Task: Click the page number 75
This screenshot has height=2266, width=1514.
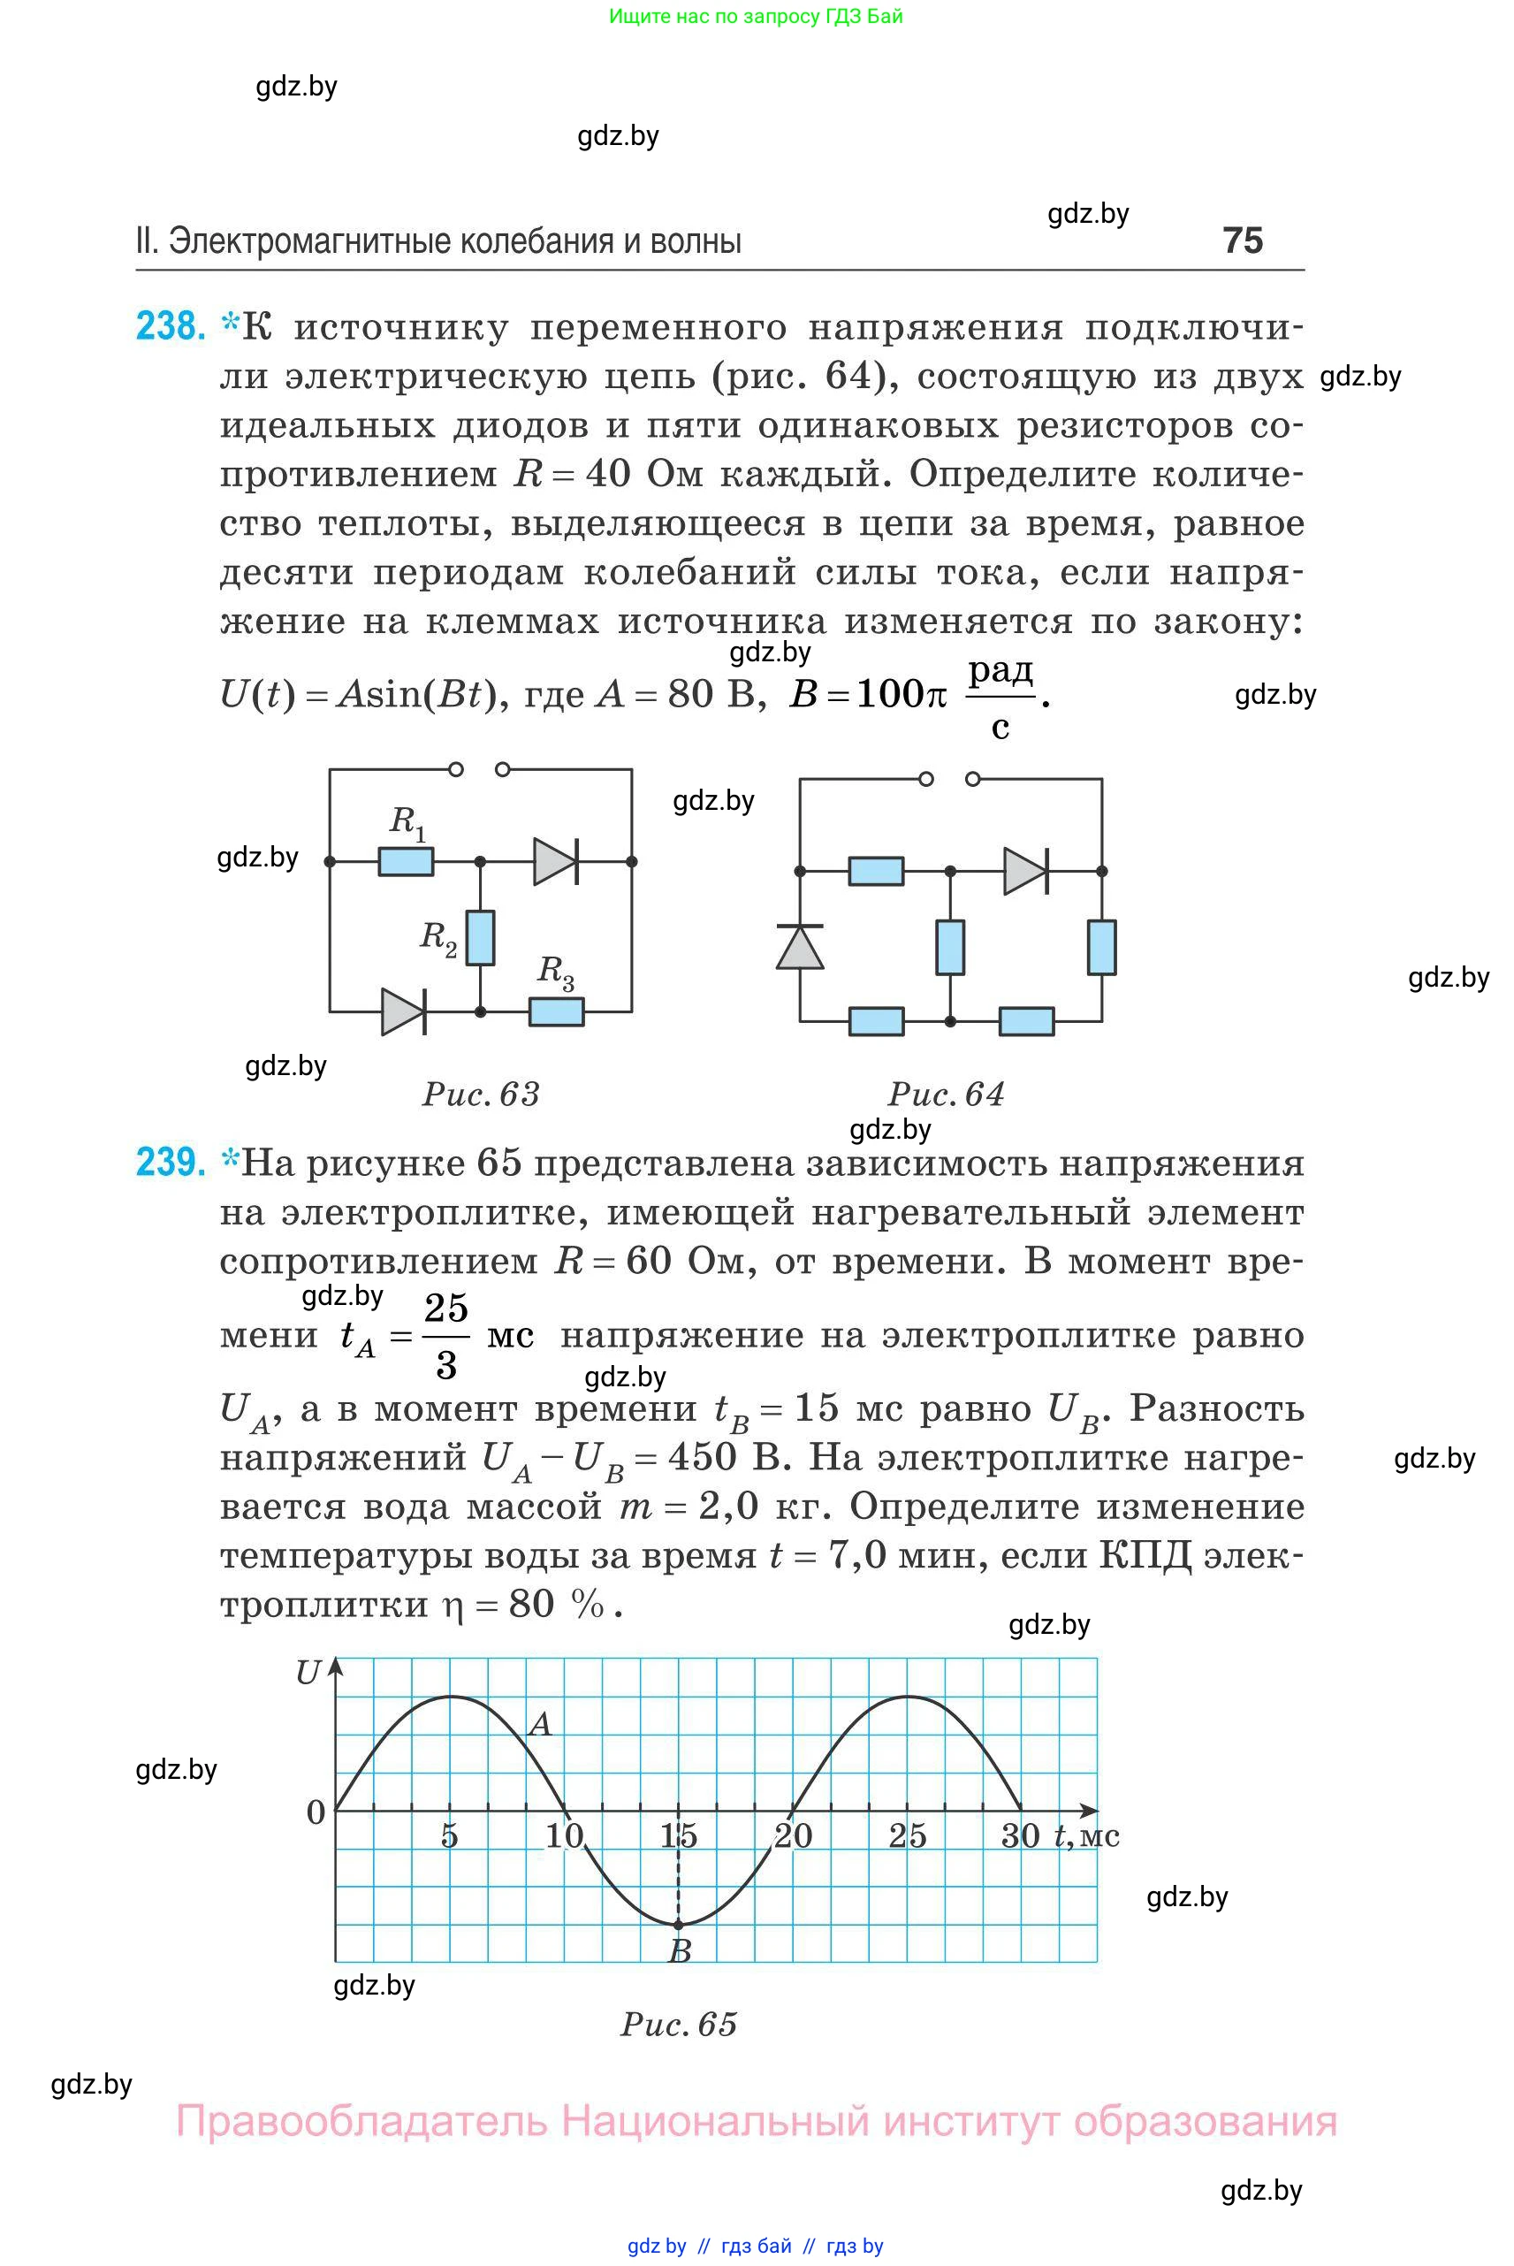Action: [1242, 240]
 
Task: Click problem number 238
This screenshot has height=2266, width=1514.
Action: [171, 326]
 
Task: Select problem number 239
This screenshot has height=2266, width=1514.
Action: [171, 1162]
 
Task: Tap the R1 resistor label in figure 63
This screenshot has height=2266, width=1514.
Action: [407, 822]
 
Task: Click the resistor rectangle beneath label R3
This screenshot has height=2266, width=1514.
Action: [556, 1011]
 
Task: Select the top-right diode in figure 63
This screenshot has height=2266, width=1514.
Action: [555, 860]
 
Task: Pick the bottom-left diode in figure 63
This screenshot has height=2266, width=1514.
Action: [404, 1011]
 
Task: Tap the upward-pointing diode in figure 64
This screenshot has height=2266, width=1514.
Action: [801, 947]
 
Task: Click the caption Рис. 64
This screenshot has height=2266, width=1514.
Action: [947, 1094]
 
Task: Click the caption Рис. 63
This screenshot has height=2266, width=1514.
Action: [481, 1094]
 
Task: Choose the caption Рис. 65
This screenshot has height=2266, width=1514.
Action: [679, 2025]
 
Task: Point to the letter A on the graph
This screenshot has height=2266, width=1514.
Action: [541, 1724]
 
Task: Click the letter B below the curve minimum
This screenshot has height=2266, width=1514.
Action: [680, 1952]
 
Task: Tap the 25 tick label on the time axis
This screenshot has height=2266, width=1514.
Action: [908, 1835]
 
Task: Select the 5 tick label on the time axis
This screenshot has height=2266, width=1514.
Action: [449, 1835]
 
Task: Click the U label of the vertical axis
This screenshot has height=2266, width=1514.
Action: [308, 1673]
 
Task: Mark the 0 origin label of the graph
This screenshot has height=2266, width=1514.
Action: [316, 1812]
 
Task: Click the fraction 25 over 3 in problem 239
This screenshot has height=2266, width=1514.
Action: [446, 1336]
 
